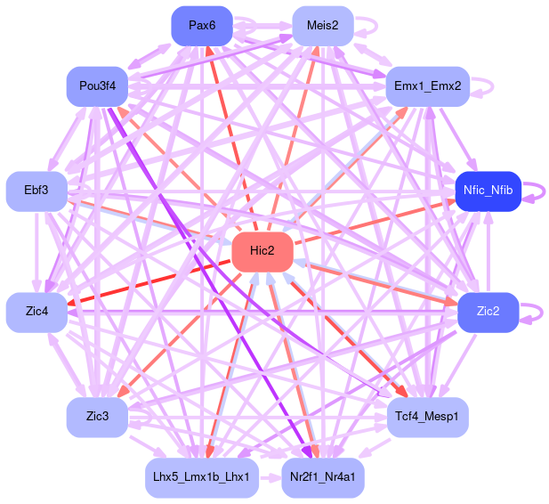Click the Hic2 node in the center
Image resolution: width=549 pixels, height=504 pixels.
(x=262, y=252)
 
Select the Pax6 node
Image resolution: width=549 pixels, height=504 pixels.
(x=202, y=25)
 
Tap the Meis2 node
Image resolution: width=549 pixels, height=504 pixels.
(x=322, y=25)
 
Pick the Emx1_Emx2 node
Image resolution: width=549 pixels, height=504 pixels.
(x=427, y=86)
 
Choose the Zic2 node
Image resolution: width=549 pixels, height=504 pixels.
(x=488, y=312)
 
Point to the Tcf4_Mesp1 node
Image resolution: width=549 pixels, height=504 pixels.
(x=427, y=417)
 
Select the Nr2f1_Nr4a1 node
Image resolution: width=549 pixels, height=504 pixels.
(x=322, y=477)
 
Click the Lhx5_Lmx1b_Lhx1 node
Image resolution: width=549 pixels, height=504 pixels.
(x=202, y=477)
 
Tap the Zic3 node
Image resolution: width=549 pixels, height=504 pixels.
(x=98, y=417)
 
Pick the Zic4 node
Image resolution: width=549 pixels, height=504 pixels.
(x=37, y=312)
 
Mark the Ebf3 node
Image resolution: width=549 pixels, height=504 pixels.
(x=37, y=191)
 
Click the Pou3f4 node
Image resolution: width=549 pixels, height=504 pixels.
(x=98, y=86)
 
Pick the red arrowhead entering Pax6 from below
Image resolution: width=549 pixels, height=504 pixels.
(x=209, y=51)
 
